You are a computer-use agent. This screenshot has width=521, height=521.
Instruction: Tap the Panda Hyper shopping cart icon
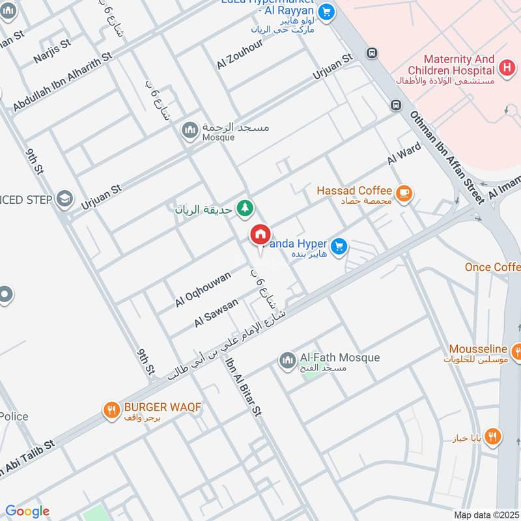click(x=338, y=246)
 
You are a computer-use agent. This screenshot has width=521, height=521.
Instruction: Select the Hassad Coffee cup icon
click(x=404, y=192)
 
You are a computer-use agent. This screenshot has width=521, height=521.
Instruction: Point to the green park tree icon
click(x=245, y=208)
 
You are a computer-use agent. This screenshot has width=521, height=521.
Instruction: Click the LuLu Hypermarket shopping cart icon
click(x=327, y=10)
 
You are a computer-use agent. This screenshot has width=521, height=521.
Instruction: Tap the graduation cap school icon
click(x=64, y=198)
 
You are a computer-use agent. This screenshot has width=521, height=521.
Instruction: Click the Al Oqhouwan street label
click(x=203, y=290)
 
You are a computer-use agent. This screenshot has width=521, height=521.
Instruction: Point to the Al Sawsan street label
click(x=216, y=313)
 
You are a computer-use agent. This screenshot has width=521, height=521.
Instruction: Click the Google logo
click(x=27, y=511)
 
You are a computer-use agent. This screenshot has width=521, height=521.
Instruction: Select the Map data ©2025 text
click(x=485, y=514)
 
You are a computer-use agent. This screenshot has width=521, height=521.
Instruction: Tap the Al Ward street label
click(x=404, y=154)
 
